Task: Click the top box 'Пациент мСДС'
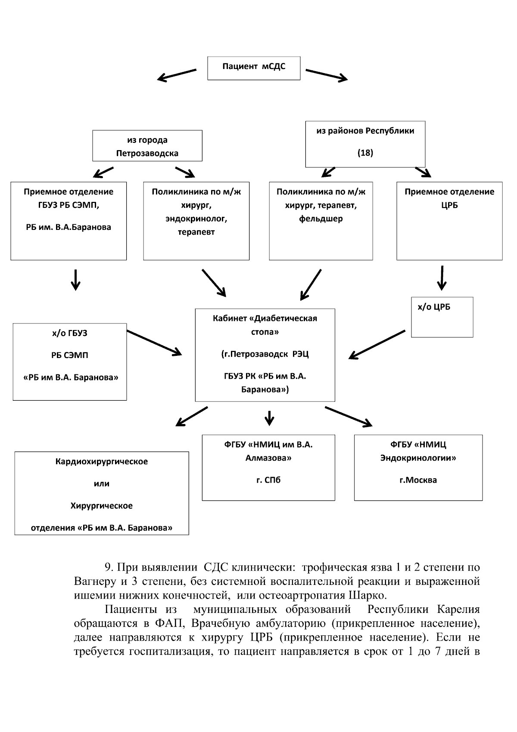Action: [x=254, y=68]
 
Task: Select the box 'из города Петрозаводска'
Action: [x=147, y=146]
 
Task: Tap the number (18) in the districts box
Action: [x=365, y=153]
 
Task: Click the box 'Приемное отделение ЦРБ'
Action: [x=449, y=221]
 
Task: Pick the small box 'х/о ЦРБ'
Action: [x=442, y=317]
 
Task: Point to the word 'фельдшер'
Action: [x=321, y=219]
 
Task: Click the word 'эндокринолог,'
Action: [x=196, y=219]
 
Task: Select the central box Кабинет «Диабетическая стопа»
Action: [x=265, y=355]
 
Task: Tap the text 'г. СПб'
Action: [x=268, y=480]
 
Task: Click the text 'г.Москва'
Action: [x=418, y=480]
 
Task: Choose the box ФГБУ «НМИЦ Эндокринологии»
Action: [x=418, y=468]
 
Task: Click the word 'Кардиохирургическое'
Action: [x=102, y=462]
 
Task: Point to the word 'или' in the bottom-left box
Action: [x=102, y=484]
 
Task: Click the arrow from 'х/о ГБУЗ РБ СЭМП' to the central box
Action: [x=154, y=343]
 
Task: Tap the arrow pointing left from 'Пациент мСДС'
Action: [x=177, y=75]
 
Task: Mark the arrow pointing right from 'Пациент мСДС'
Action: [x=327, y=75]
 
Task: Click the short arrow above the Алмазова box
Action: [x=269, y=418]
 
